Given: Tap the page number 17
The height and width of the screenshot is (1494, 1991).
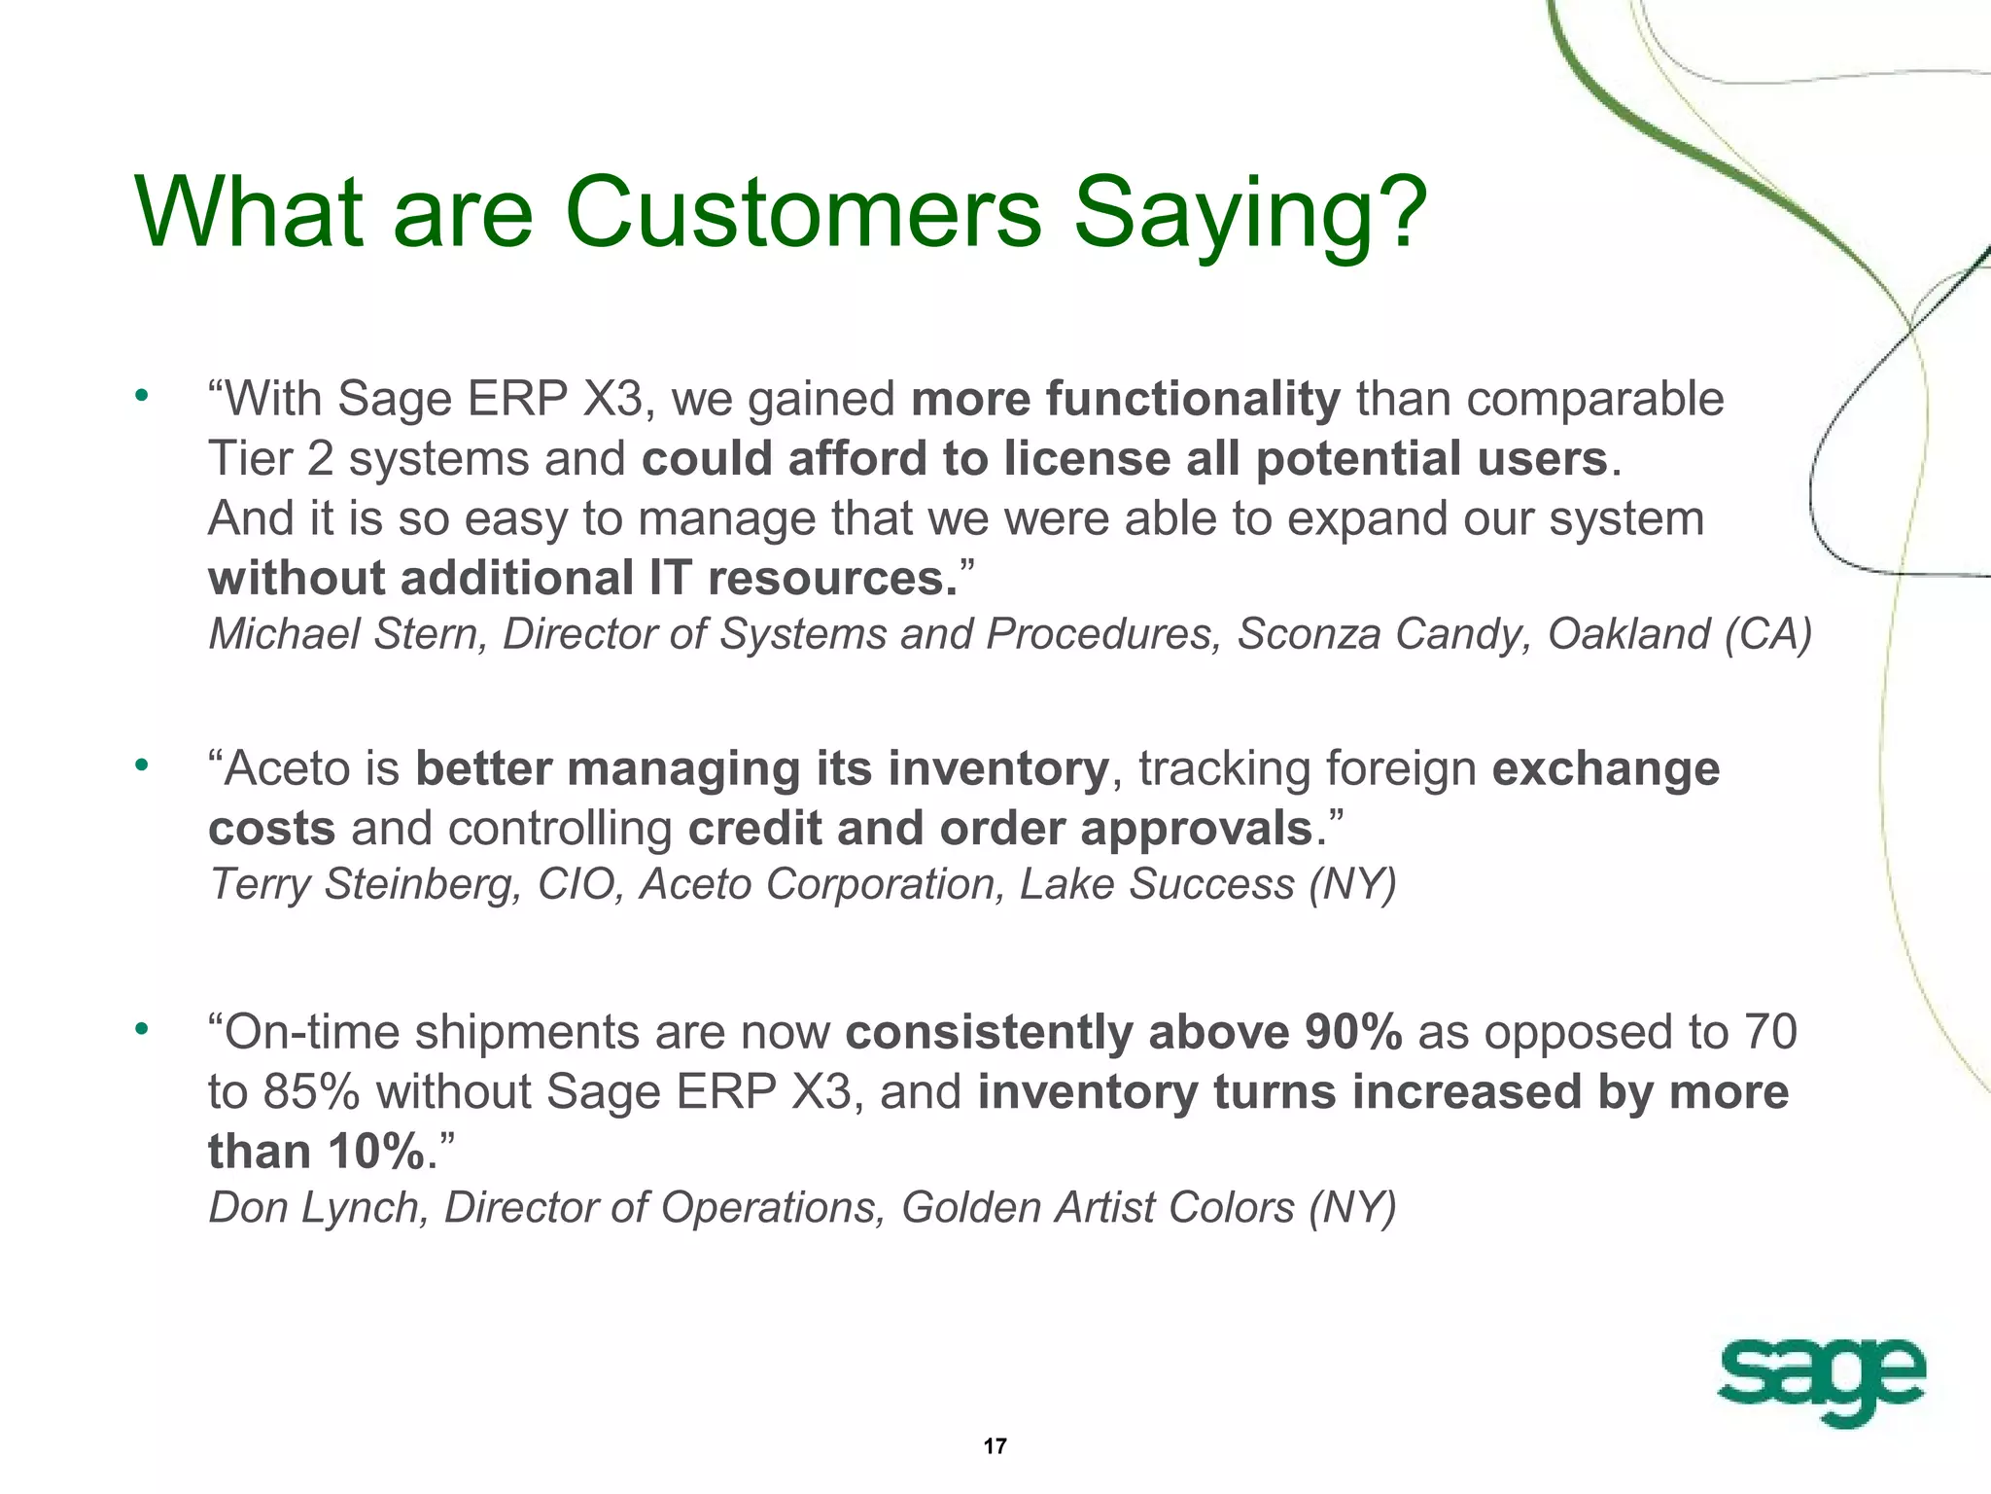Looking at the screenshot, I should click(x=995, y=1446).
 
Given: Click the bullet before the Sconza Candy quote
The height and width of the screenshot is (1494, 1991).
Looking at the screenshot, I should click(x=142, y=395).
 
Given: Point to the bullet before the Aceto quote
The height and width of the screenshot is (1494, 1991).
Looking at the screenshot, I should click(x=142, y=765).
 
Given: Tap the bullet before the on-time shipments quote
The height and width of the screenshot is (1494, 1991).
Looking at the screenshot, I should click(x=142, y=1028).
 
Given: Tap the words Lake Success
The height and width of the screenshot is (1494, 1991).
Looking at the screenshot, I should click(x=1157, y=884).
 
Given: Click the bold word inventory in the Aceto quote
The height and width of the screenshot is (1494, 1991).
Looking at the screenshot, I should click(x=997, y=769).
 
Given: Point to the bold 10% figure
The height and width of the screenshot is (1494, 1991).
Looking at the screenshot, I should click(x=375, y=1152).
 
